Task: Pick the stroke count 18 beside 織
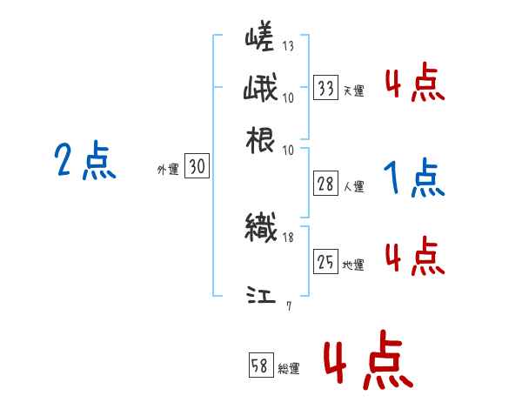click(x=288, y=236)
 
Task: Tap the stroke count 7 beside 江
click(x=288, y=305)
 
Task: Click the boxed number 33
click(x=326, y=88)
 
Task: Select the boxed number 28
click(x=326, y=184)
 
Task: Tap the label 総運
click(x=289, y=369)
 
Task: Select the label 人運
click(x=354, y=186)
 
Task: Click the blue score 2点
click(x=84, y=161)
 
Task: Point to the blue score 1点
click(x=412, y=179)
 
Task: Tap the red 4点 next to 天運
click(x=414, y=85)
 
